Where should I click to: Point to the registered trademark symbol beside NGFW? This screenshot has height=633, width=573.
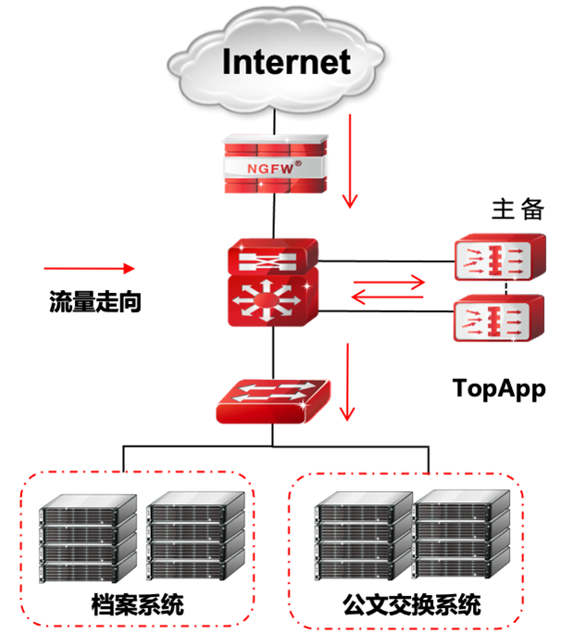coord(297,160)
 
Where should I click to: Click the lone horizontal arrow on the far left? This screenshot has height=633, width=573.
coord(88,269)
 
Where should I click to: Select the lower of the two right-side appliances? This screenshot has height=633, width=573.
coord(499,319)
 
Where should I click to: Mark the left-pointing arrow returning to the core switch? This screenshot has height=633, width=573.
coord(388,298)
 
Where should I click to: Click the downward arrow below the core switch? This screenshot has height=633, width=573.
coord(348,380)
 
